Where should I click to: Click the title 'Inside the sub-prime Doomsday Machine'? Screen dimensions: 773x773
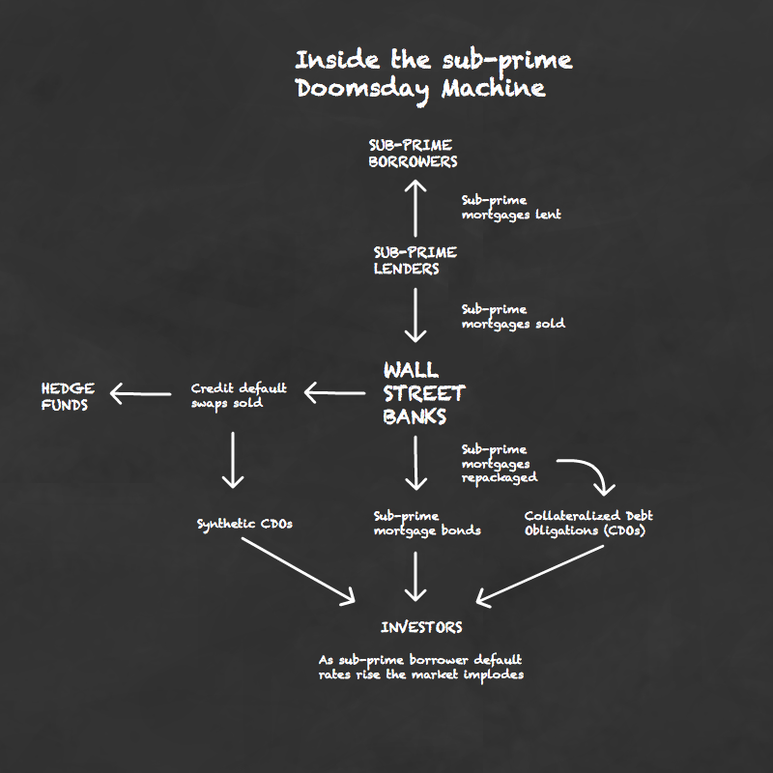[x=434, y=75]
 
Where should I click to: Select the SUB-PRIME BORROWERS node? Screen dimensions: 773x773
[x=414, y=154]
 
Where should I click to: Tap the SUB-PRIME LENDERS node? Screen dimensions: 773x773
[x=415, y=260]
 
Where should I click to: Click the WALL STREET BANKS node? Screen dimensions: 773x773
[x=424, y=393]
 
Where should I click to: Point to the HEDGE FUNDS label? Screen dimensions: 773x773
[x=68, y=396]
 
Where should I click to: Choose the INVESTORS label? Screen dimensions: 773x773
[x=421, y=627]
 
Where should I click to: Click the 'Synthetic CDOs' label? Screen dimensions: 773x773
[x=244, y=524]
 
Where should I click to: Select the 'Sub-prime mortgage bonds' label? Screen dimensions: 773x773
[x=427, y=524]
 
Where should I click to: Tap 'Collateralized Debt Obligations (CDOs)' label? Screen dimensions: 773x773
[x=588, y=523]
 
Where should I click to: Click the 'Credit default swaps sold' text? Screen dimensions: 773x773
[x=239, y=395]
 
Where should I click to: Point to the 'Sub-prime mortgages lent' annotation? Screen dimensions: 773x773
[x=511, y=208]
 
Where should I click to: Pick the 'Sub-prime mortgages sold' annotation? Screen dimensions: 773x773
[x=513, y=317]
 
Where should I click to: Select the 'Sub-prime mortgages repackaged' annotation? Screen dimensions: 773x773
[x=500, y=464]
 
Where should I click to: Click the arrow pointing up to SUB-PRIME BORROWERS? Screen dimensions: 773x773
[x=415, y=208]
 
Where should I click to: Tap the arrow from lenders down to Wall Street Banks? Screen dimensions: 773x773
[x=415, y=316]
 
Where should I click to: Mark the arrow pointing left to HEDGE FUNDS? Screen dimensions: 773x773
[x=140, y=394]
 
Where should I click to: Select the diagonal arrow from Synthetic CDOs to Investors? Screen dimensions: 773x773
[x=299, y=570]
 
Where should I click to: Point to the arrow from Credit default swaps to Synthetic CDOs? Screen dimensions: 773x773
[x=233, y=460]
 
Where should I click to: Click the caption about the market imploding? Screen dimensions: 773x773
[x=421, y=668]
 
